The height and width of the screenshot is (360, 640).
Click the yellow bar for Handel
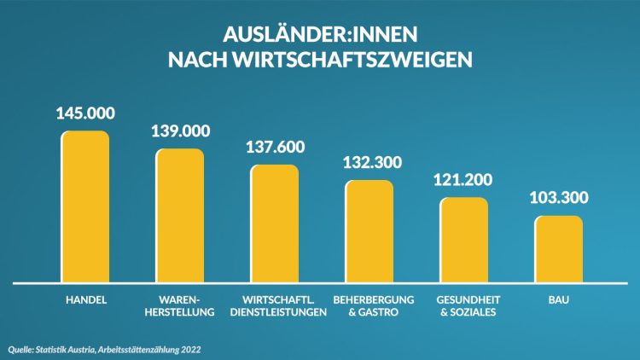pyautogui.click(x=85, y=206)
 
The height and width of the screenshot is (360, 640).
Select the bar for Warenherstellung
pyautogui.click(x=180, y=215)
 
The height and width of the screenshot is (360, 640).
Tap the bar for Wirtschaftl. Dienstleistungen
pyautogui.click(x=274, y=223)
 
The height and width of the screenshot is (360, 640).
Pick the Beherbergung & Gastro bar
pyautogui.click(x=369, y=230)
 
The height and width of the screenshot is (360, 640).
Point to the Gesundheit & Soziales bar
pyautogui.click(x=464, y=240)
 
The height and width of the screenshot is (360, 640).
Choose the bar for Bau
pyautogui.click(x=559, y=248)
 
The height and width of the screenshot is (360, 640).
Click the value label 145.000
pyautogui.click(x=85, y=113)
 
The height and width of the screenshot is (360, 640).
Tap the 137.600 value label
pyautogui.click(x=275, y=147)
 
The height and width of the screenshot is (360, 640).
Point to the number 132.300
pyautogui.click(x=369, y=162)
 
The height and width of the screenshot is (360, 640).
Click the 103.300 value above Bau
pyautogui.click(x=559, y=198)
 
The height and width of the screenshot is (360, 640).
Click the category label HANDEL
pyautogui.click(x=85, y=300)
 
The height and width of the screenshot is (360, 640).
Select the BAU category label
pyautogui.click(x=559, y=300)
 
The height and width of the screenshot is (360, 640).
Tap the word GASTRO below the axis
pyautogui.click(x=381, y=312)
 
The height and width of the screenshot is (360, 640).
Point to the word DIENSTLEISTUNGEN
pyautogui.click(x=279, y=312)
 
